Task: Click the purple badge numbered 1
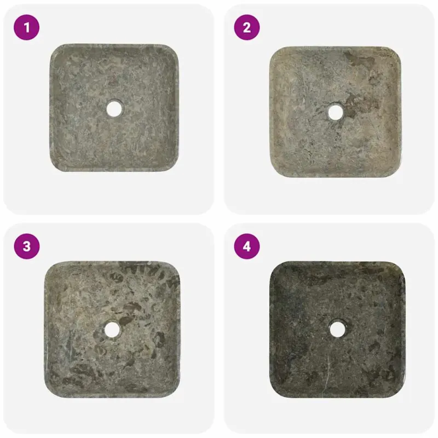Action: pos(26,27)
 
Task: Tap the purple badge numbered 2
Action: pos(247,27)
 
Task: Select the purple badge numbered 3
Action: pos(26,246)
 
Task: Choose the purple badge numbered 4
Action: pos(247,246)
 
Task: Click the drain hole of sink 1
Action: pos(114,108)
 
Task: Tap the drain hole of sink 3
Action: pos(112,330)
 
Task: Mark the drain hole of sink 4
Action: pos(338,329)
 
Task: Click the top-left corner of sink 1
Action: pos(53,47)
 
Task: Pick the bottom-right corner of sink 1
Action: pos(175,168)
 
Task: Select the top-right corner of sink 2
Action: pos(397,50)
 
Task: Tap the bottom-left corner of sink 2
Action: pos(273,174)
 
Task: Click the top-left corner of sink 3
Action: pos(48,265)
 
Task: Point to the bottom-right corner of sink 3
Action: pos(176,394)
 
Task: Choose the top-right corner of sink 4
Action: pos(401,265)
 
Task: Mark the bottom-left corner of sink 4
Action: pos(273,394)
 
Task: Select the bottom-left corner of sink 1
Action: pos(53,168)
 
